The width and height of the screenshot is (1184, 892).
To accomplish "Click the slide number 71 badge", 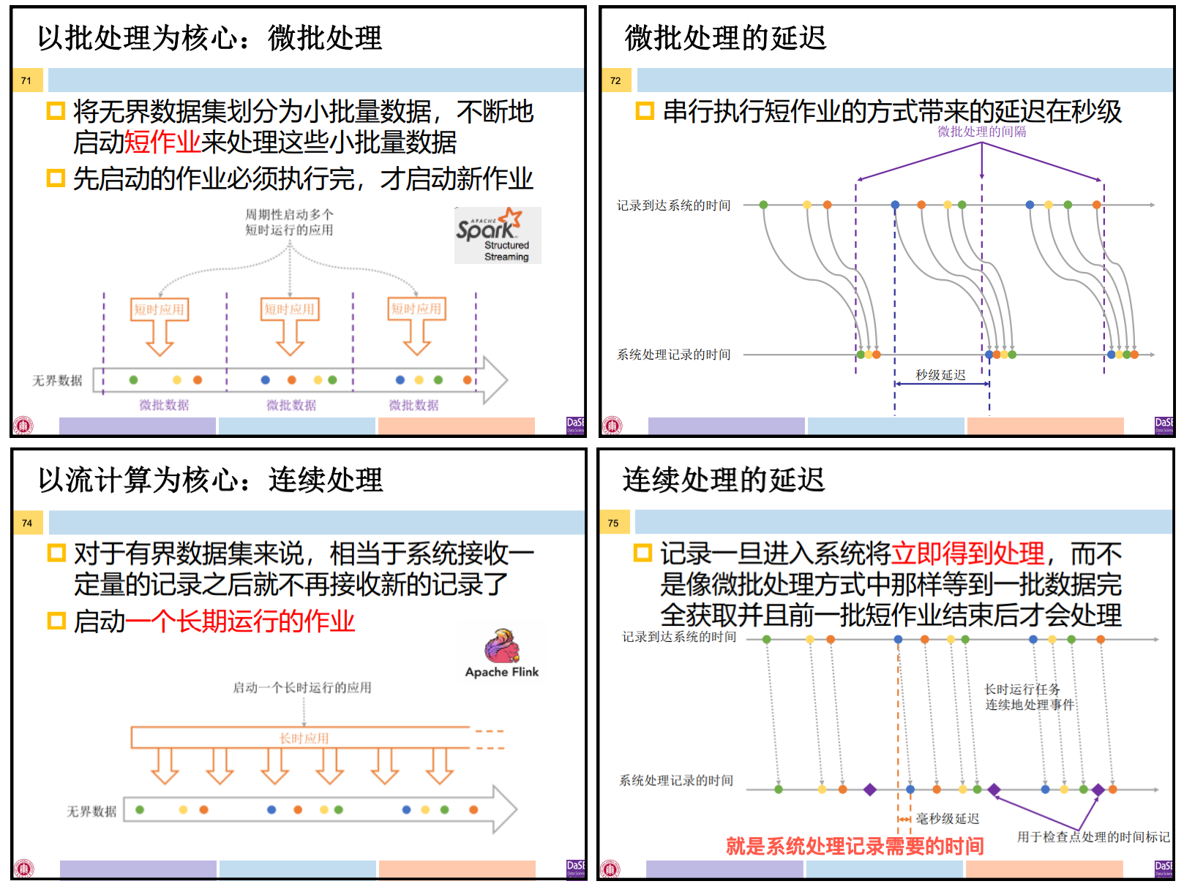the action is pos(26,80).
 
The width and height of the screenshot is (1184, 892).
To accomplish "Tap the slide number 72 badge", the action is pos(615,80).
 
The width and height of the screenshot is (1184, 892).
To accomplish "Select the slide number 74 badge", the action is pos(27,523).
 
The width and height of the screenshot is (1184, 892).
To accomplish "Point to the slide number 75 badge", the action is pos(613,523).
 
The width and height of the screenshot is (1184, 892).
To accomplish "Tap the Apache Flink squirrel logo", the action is pos(502,646).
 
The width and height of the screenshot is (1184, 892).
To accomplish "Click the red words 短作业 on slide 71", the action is pos(162,143).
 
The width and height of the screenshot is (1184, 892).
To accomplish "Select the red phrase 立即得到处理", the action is pos(967,554).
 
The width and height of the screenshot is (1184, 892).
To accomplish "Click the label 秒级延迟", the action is pos(940,375).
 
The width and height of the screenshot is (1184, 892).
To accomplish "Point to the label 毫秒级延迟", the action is pos(947,819).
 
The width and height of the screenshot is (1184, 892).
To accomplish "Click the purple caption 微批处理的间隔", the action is pos(981,132).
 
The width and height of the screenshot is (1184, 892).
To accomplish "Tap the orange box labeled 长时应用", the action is pos(304,738).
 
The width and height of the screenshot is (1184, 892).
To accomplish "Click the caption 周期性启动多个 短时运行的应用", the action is pos(289,222).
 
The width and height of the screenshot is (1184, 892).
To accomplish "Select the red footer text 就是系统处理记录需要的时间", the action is pos(854,846).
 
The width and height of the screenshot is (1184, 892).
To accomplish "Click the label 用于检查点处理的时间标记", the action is pos(1093,837).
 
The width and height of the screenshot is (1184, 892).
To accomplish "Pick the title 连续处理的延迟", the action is pos(723,480).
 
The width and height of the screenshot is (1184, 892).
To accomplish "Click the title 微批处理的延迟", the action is pos(725,38).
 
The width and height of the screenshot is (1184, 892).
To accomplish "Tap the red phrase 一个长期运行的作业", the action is pos(240,621).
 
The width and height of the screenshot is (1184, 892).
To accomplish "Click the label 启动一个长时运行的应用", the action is pos(301,687).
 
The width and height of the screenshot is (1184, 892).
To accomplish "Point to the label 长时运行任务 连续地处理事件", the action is pos(1029,697).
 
